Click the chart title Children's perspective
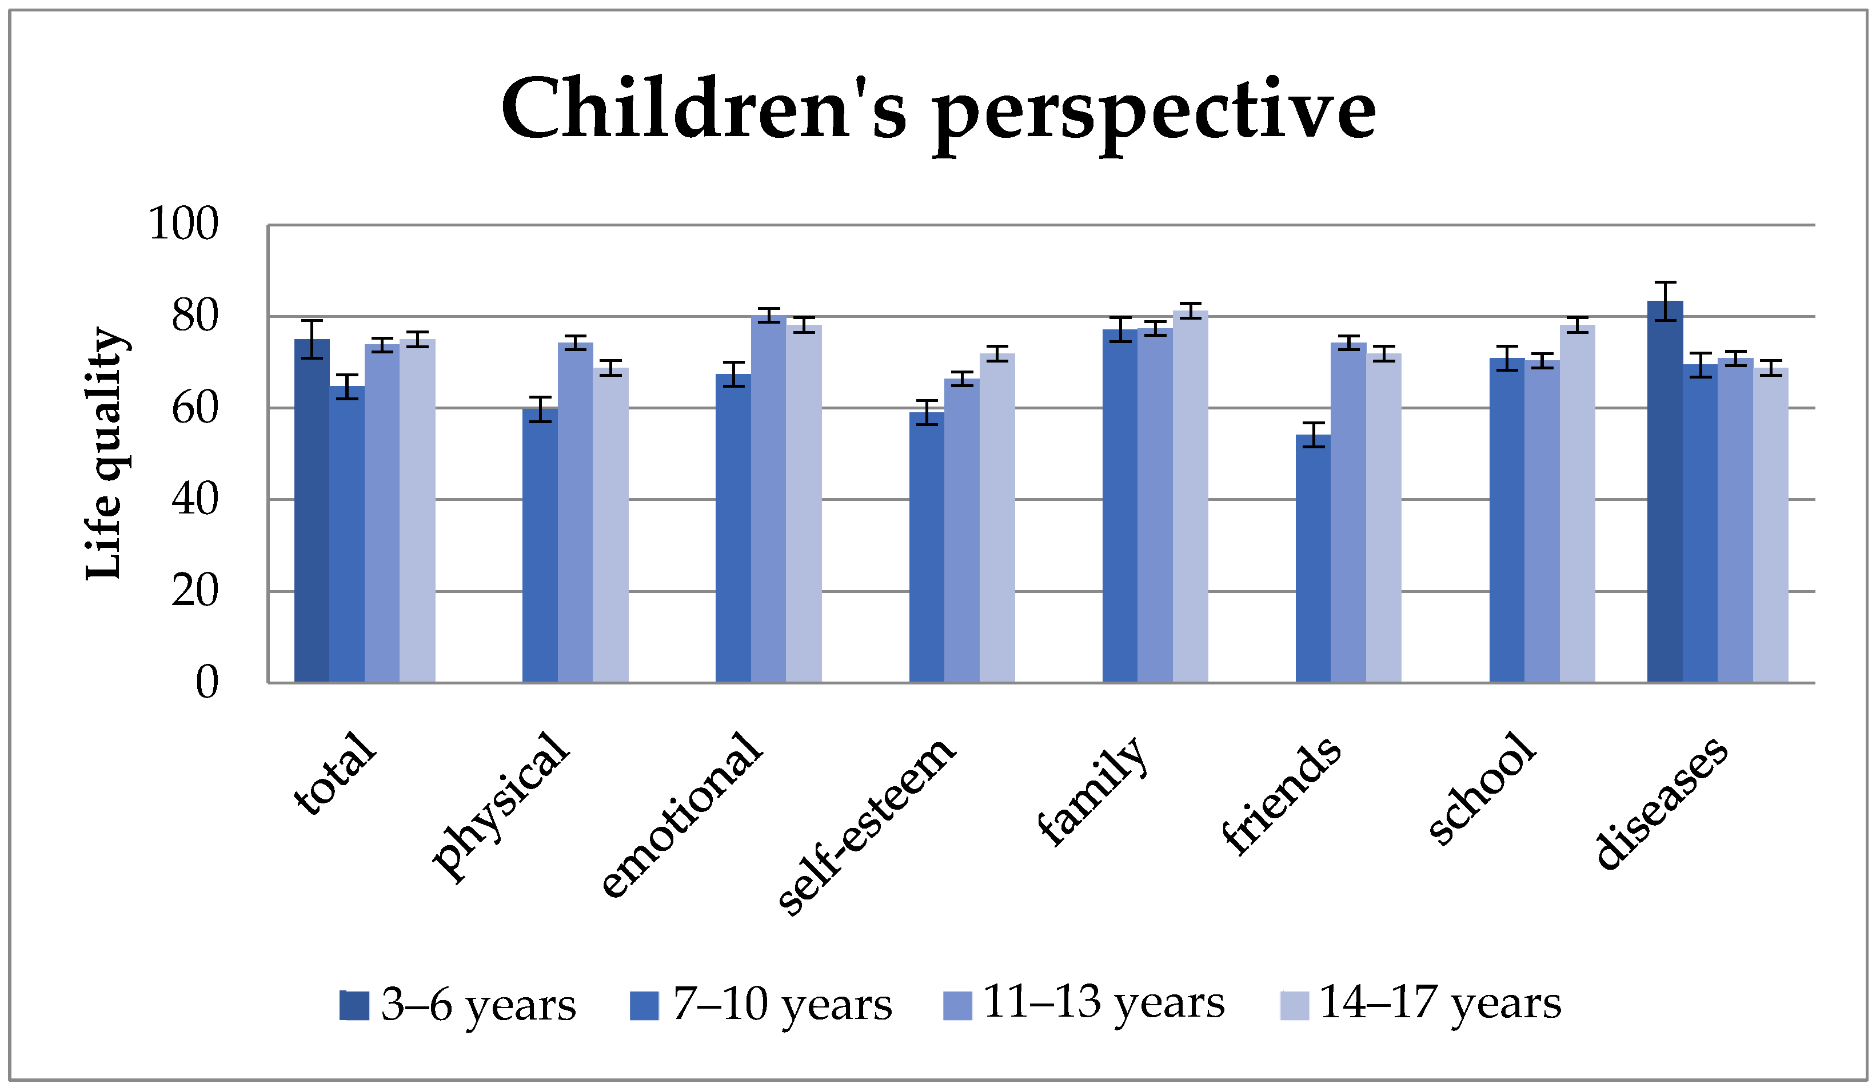click(x=938, y=112)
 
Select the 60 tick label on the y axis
click(x=195, y=408)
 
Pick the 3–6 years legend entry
click(x=458, y=1005)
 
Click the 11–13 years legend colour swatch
click(x=957, y=1005)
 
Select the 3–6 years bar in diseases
click(x=1665, y=491)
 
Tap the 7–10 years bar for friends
click(x=1313, y=559)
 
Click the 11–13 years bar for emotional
click(x=768, y=499)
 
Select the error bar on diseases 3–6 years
click(x=1665, y=301)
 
